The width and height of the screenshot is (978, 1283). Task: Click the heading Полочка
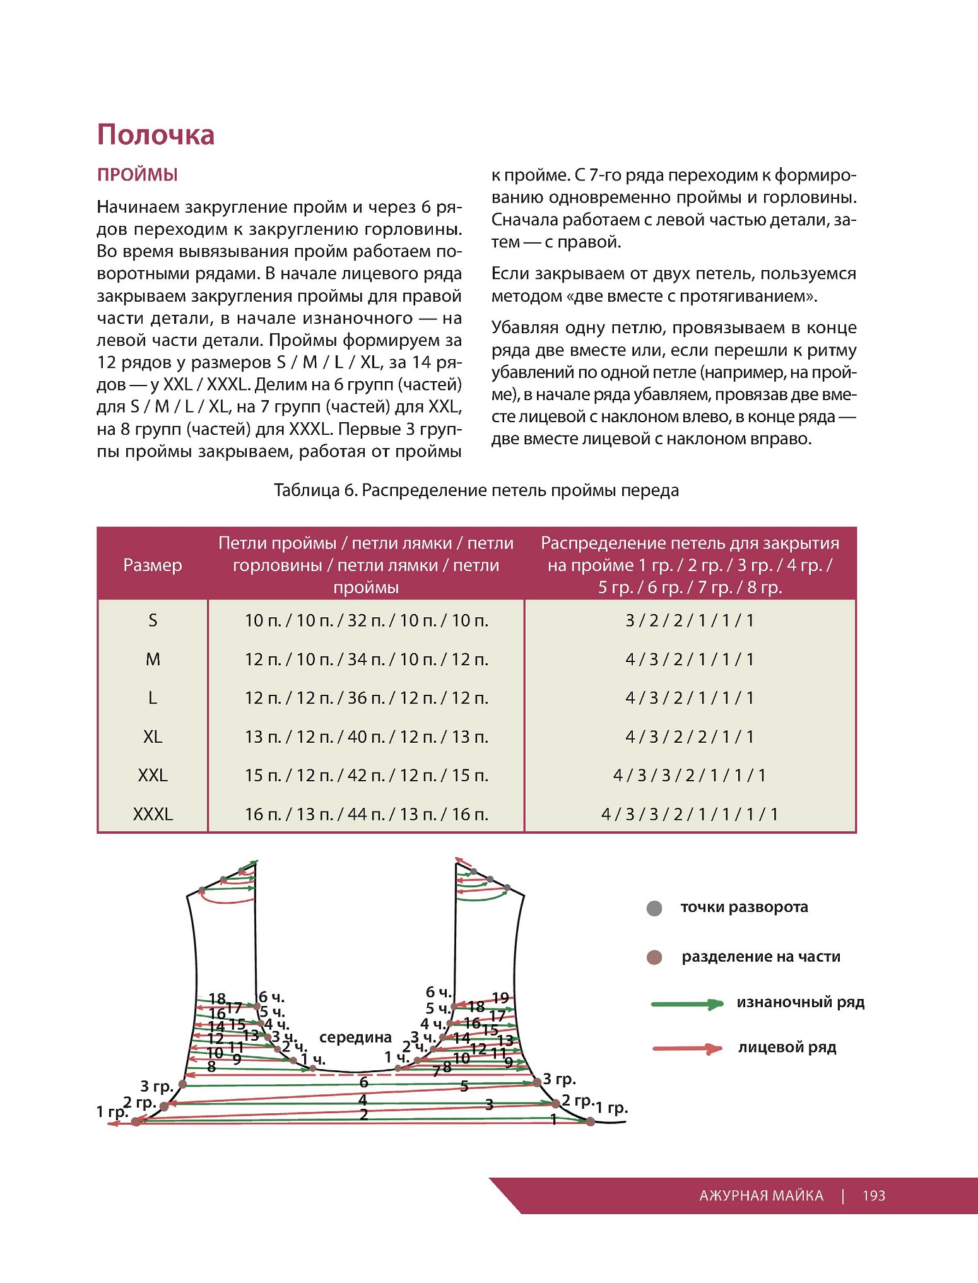(156, 135)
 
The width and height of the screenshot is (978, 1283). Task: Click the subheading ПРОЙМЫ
(137, 175)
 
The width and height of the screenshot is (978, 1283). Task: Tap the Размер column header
(152, 565)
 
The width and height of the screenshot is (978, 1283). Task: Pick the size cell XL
(152, 736)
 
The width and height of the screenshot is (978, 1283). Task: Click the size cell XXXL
(152, 814)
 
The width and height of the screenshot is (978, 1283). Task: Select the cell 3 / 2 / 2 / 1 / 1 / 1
(690, 620)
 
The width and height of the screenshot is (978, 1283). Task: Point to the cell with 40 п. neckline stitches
(366, 736)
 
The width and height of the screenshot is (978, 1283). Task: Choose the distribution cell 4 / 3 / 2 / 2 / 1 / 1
(690, 736)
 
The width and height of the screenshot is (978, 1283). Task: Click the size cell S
(152, 620)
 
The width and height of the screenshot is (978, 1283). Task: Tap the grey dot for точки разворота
(654, 909)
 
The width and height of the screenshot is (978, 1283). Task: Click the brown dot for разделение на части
(654, 958)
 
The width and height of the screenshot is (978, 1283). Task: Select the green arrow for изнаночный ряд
(686, 1004)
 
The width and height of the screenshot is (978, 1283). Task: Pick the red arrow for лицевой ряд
(686, 1049)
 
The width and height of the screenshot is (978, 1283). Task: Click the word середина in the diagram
(355, 1038)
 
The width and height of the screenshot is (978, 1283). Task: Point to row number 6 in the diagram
(363, 1082)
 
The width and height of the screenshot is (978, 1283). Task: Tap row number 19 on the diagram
(500, 998)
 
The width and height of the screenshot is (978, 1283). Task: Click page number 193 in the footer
(874, 1196)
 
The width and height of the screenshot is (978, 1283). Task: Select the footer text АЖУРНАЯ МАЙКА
(761, 1196)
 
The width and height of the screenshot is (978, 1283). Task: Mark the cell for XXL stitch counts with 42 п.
(366, 775)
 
